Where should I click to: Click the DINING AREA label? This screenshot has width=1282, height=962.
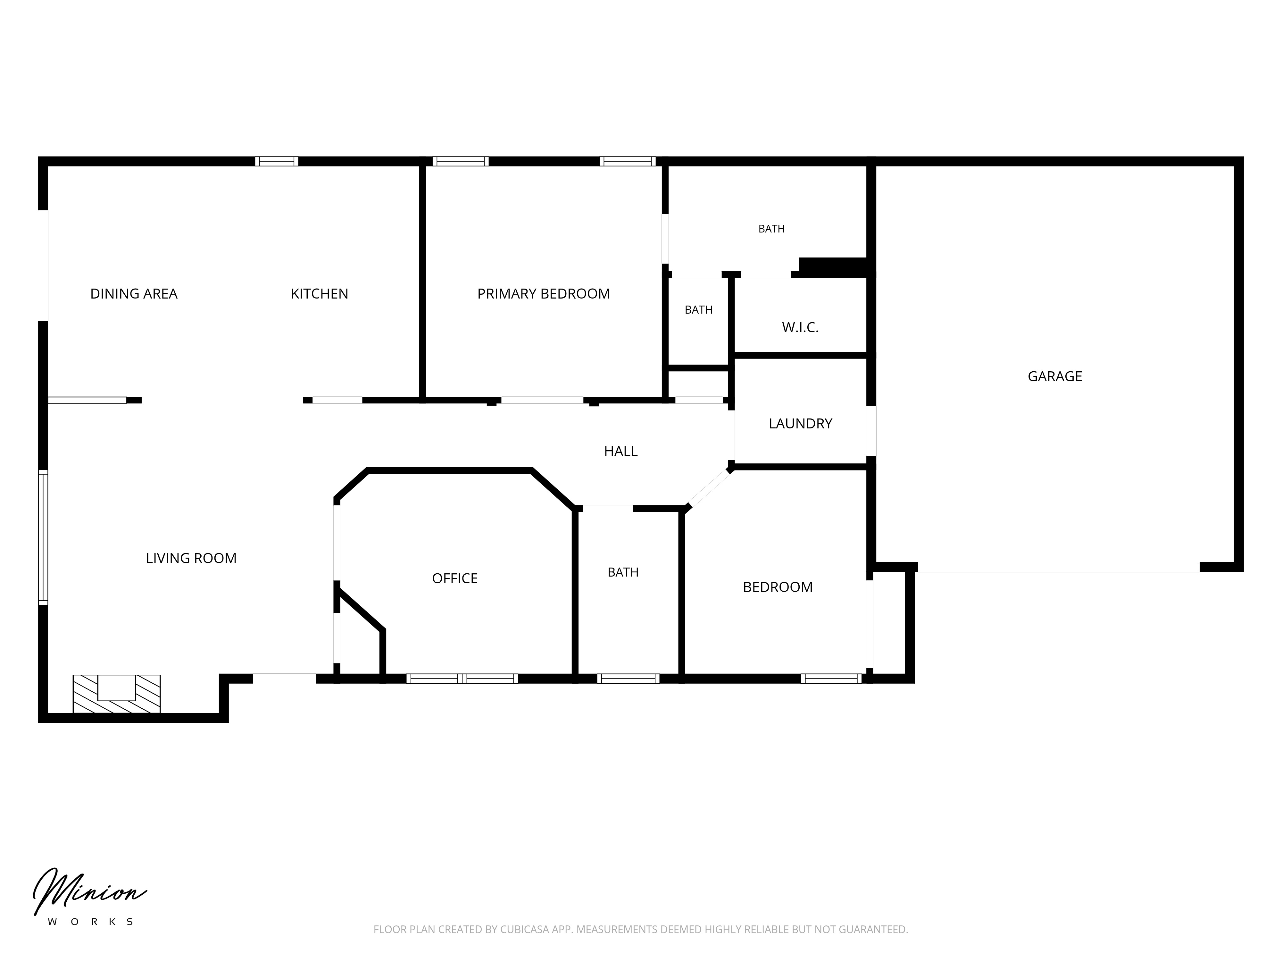click(x=134, y=294)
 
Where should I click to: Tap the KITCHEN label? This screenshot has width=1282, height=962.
click(x=319, y=294)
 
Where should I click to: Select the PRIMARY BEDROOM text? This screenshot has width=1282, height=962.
click(x=544, y=294)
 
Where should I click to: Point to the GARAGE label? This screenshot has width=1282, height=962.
click(x=1055, y=376)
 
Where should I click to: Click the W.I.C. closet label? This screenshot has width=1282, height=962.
click(x=800, y=328)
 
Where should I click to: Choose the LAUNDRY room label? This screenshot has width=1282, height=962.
click(x=800, y=424)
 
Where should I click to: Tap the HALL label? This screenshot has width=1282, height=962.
click(x=621, y=451)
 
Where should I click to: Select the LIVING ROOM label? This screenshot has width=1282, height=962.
click(x=191, y=558)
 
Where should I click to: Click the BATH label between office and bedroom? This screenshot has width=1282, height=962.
click(x=623, y=572)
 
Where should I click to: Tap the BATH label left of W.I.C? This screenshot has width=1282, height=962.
click(x=698, y=310)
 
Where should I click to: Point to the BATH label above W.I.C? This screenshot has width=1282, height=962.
click(x=771, y=229)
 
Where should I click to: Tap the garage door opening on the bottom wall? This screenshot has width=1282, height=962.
click(x=1058, y=567)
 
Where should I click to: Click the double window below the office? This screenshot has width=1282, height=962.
click(x=462, y=679)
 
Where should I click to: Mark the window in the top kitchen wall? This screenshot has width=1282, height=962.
click(x=277, y=161)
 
